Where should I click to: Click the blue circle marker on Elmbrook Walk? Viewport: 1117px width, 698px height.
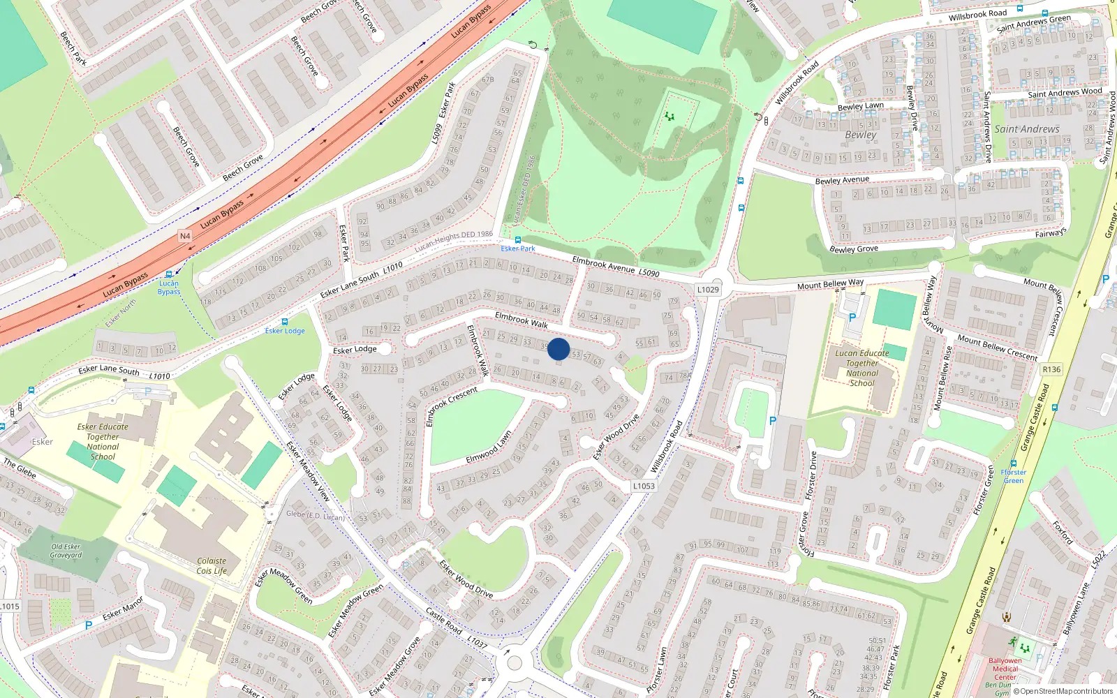pos(558,349)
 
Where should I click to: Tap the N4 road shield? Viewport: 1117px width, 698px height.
pos(184,236)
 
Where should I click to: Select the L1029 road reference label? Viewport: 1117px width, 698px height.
pos(707,289)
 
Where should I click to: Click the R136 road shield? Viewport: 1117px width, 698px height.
pos(1051,369)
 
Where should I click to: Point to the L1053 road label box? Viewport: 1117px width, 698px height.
pos(643,486)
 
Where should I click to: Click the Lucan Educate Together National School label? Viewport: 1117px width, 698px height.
pos(862,368)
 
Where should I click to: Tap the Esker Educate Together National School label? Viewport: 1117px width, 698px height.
pos(103,441)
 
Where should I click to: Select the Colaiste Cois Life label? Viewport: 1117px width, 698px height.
pos(212,565)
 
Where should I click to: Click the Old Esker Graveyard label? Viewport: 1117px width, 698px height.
pos(66,551)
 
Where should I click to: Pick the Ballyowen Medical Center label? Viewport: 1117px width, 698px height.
pos(1005,669)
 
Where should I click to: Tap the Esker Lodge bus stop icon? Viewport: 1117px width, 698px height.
pos(284,322)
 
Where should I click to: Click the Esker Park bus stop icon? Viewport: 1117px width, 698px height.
pos(517,239)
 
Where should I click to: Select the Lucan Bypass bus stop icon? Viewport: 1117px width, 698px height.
pos(169,274)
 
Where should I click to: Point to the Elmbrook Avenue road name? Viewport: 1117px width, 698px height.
pos(605,265)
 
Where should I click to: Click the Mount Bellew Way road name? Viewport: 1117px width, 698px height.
pos(830,284)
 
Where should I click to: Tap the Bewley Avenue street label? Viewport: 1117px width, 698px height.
pos(842,180)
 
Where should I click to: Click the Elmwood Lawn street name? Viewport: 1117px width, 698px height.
pos(489,447)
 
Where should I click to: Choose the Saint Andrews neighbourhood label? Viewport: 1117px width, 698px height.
pos(1027,129)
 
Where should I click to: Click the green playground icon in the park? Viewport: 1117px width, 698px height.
pos(670,117)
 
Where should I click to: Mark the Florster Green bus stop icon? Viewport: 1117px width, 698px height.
pos(1014,463)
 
